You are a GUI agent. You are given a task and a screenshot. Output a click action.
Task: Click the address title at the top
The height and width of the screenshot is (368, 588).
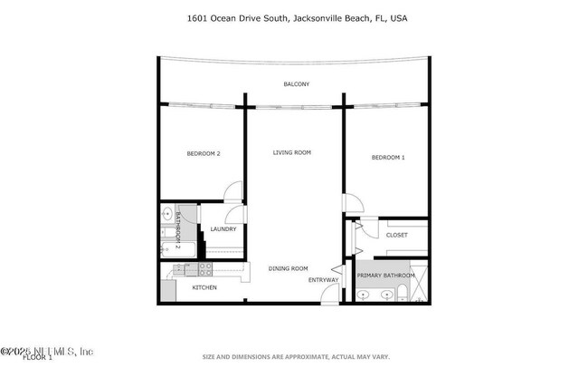coord(293,17)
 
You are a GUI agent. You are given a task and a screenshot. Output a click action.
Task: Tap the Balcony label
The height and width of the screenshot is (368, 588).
coord(296,84)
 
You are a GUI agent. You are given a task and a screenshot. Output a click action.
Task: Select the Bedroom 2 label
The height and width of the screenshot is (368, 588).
coord(204,153)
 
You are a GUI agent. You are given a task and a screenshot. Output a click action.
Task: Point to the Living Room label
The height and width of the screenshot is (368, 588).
coord(292,152)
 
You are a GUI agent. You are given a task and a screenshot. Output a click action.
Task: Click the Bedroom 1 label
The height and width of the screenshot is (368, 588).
coord(388,158)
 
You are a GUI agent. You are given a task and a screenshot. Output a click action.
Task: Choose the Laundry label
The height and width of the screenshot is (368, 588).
coord(223,229)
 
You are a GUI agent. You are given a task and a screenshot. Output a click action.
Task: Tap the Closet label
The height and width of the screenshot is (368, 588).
coord(396,235)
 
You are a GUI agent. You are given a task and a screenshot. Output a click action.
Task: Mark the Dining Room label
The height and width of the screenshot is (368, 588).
coord(289,267)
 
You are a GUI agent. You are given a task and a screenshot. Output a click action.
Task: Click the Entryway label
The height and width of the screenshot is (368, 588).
coord(323,280)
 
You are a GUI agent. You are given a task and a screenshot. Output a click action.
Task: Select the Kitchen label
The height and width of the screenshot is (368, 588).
coord(204,287)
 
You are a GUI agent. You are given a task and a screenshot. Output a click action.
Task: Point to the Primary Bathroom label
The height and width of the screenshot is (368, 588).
coord(385,275)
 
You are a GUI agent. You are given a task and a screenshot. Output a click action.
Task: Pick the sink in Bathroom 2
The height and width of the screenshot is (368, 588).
coord(167,216)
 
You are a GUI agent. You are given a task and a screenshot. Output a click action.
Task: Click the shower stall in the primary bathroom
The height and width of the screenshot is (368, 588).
coord(419,293)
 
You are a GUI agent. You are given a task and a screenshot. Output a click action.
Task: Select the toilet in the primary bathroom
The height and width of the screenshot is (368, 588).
coord(400,294)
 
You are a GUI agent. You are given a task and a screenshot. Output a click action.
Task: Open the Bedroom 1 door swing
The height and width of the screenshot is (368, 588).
coord(352,205)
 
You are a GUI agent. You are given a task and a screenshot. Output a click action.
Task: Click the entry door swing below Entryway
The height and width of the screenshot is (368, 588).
coord(337,272)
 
